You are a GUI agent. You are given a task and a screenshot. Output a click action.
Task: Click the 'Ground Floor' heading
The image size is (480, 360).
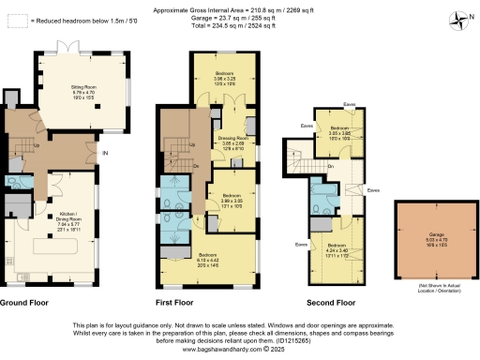point(25,303)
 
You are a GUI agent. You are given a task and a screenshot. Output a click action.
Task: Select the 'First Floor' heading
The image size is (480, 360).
point(174,303)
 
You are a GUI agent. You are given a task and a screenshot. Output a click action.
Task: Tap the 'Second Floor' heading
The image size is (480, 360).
point(333,303)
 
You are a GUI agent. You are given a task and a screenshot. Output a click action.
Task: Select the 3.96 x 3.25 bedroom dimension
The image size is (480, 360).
point(225,78)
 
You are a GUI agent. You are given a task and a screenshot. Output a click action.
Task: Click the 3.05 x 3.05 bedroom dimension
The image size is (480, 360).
point(338,132)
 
